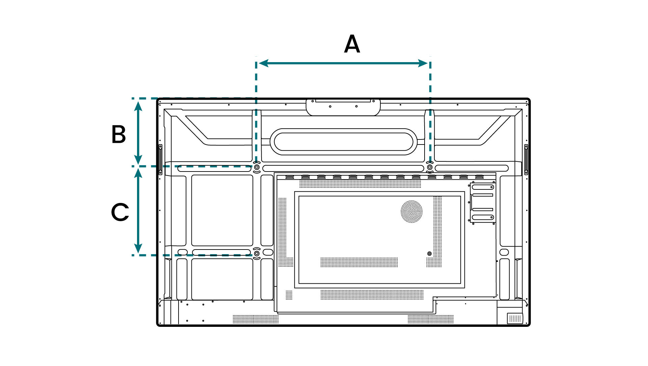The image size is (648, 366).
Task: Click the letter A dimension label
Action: click(352, 44)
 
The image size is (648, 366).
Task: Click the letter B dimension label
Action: click(119, 134)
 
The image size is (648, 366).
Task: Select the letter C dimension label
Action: click(120, 212)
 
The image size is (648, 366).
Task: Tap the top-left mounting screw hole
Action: click(256, 167)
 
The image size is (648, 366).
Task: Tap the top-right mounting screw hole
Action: click(430, 167)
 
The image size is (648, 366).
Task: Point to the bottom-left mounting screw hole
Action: click(256, 253)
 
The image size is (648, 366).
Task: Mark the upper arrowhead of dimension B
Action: click(138, 106)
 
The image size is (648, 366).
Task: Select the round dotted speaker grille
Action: click(411, 212)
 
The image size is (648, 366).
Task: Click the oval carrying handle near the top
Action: click(344, 142)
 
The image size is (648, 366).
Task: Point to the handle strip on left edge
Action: click(161, 160)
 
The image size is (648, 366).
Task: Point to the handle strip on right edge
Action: click(526, 160)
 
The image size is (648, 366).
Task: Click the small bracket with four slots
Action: click(483, 202)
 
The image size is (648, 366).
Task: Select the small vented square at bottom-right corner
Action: click(515, 318)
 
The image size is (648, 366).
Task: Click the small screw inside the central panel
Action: click(429, 254)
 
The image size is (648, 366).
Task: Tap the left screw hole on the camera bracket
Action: click(330, 106)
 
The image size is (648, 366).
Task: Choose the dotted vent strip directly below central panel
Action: click(372, 294)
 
